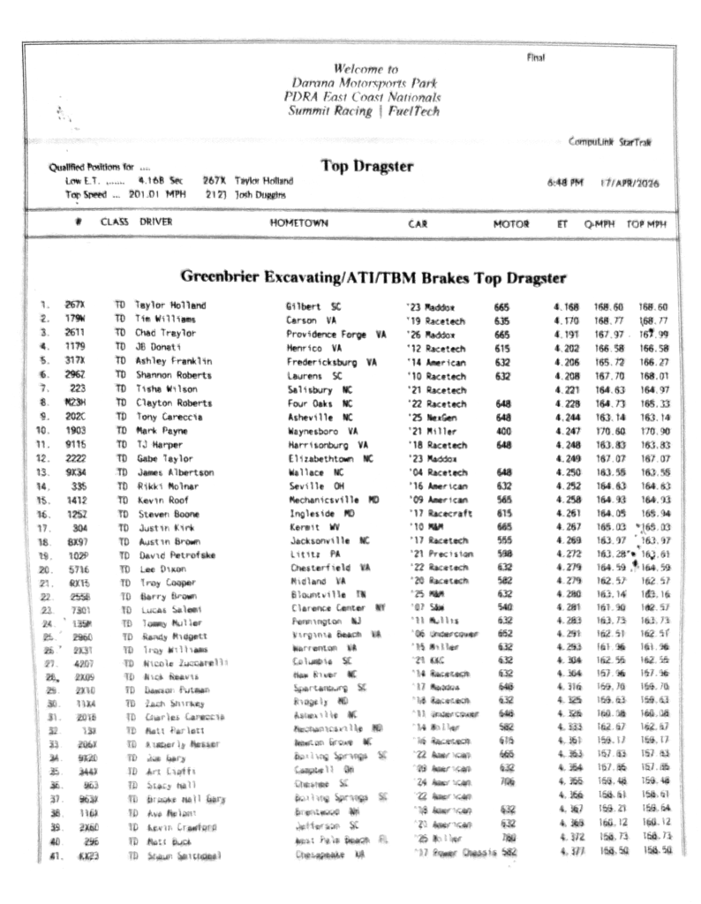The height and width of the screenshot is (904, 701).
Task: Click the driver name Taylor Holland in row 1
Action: [170, 305]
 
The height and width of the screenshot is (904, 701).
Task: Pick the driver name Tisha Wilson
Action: [168, 389]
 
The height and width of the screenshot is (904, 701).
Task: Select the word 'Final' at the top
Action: [536, 58]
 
